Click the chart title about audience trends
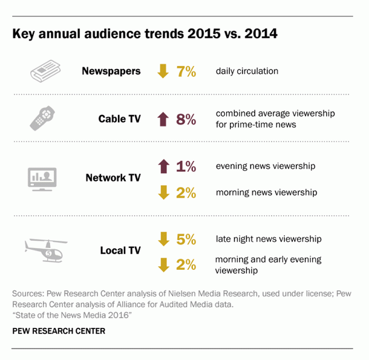[145, 34]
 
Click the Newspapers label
[111, 71]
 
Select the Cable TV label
[120, 119]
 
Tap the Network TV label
[113, 178]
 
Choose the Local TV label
[120, 250]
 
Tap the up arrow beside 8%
[163, 119]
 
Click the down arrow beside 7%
[163, 71]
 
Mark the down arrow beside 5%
[163, 239]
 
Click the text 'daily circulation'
[247, 71]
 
